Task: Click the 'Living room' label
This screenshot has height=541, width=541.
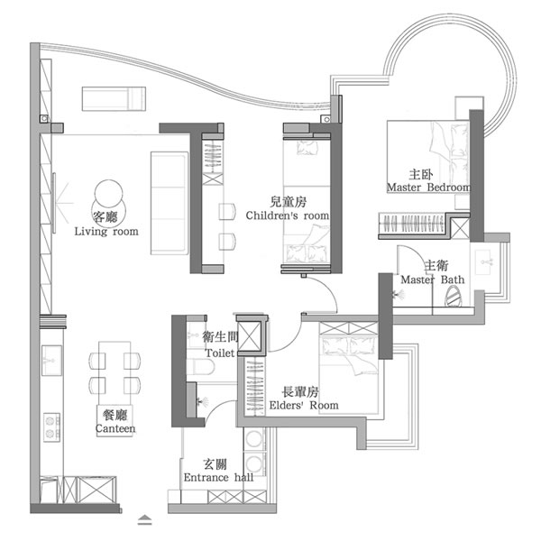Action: click(x=106, y=232)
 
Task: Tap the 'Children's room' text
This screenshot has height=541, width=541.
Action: click(x=287, y=215)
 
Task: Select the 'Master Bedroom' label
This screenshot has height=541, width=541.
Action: click(x=428, y=188)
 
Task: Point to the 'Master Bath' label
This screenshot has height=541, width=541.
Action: click(x=432, y=280)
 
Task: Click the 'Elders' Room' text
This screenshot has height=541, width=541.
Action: click(x=304, y=405)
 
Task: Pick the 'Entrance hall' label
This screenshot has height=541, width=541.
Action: click(x=218, y=478)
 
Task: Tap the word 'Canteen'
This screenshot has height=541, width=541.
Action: click(x=115, y=428)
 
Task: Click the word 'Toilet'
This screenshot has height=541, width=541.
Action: click(x=220, y=353)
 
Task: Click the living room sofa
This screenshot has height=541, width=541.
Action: click(x=170, y=203)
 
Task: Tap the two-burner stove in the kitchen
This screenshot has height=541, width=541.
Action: click(x=51, y=427)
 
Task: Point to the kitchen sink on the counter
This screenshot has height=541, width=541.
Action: click(x=51, y=361)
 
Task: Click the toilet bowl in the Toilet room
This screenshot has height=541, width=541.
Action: click(x=200, y=366)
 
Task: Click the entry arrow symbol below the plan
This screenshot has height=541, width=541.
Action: click(x=144, y=519)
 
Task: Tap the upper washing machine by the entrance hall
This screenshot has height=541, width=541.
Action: click(x=254, y=439)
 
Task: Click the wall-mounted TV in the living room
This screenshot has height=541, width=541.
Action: click(x=54, y=203)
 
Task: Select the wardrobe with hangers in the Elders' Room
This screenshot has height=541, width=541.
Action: click(x=254, y=387)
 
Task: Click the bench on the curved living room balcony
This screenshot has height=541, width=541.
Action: click(x=114, y=99)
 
